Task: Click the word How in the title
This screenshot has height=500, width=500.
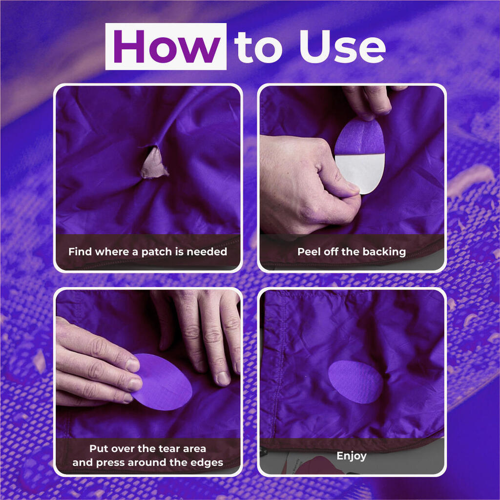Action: click(166, 46)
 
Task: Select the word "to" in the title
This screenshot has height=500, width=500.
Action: click(258, 47)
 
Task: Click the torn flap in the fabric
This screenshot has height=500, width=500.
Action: click(153, 163)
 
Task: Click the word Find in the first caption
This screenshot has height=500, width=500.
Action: click(81, 251)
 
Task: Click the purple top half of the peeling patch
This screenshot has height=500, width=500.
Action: click(360, 137)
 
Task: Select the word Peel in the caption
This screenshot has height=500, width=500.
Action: click(309, 251)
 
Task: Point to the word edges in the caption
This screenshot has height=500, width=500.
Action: click(207, 463)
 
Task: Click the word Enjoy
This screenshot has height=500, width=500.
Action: click(352, 457)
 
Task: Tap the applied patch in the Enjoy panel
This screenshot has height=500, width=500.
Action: click(356, 382)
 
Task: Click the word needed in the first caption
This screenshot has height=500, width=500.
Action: click(207, 251)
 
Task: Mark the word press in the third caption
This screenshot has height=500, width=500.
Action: click(107, 463)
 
